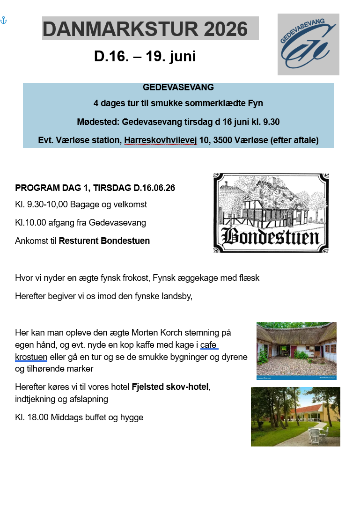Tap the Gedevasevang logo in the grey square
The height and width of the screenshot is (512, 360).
(x=308, y=44)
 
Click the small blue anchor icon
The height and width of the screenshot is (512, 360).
(x=4, y=21)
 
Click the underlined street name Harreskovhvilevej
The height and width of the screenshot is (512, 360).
(x=160, y=140)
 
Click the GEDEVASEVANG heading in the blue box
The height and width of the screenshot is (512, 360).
(x=178, y=87)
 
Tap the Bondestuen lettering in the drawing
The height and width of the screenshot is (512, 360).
(x=271, y=237)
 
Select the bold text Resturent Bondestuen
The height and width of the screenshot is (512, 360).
(x=104, y=241)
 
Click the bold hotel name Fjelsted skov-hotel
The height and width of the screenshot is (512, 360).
(x=170, y=387)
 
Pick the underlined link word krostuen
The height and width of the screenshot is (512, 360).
(x=31, y=357)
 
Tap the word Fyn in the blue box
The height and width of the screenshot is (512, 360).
(x=255, y=103)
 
